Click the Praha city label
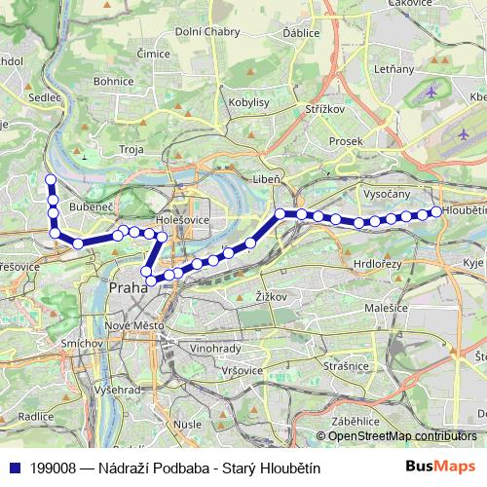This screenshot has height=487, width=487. [127, 289]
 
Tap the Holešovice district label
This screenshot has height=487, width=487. [184, 220]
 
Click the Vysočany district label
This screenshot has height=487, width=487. [387, 194]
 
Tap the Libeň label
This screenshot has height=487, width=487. [267, 180]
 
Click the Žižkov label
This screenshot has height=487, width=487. [269, 295]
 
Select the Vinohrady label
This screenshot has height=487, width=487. [216, 347]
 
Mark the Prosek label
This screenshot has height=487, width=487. [345, 141]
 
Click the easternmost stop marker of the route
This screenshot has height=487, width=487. [435, 211]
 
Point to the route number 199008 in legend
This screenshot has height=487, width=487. [55, 468]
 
